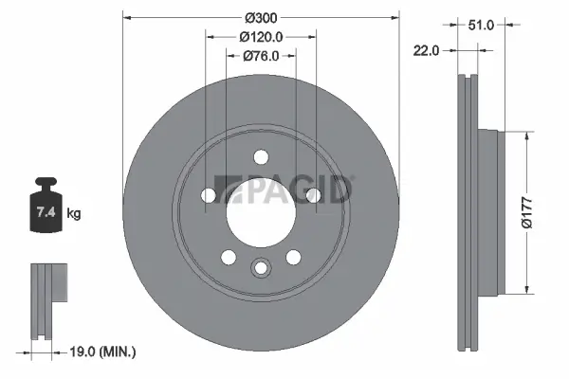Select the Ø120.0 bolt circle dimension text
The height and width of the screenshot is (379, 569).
pos(259,37)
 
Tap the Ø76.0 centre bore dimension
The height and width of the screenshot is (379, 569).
pos(259,56)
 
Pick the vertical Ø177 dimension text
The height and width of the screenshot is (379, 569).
pos(538,210)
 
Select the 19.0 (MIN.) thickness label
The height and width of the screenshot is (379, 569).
pos(104,352)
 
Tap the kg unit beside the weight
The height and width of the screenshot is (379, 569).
pos(74,214)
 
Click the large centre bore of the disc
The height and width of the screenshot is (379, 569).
pos(260,209)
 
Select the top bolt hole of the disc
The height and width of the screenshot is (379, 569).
pos(260,158)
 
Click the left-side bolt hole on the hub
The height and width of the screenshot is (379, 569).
pos(209,195)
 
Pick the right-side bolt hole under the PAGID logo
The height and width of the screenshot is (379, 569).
pos(312,195)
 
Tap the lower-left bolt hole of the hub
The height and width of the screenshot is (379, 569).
pos(228,256)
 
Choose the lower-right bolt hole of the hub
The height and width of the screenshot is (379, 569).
pos(293,256)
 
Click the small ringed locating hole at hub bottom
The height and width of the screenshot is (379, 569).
pos(260,269)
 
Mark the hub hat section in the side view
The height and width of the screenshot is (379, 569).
pos(486,210)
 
